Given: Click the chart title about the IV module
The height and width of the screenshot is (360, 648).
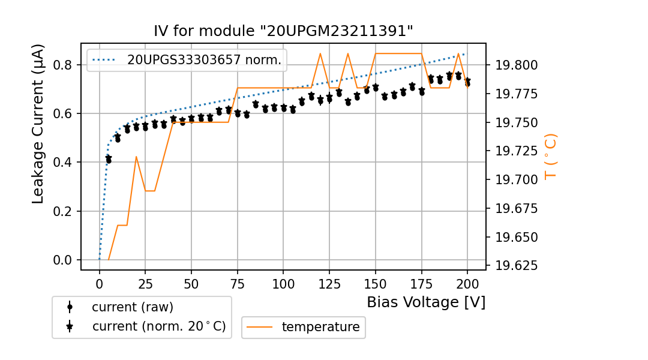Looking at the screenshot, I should click(x=283, y=31).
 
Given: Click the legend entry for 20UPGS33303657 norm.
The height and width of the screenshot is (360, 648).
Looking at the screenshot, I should click(x=204, y=60).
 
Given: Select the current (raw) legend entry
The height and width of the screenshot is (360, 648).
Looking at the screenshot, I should click(x=132, y=307).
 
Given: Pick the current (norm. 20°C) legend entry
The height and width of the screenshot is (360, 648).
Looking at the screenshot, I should click(x=158, y=326).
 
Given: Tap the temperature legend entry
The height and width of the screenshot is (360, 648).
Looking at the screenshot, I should click(x=320, y=327).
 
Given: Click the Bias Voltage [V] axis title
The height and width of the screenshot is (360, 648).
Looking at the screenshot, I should click(x=426, y=302).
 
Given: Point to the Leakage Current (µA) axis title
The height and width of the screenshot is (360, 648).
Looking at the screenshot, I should click(x=38, y=124).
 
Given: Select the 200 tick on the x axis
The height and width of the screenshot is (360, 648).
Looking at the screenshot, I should click(x=467, y=283).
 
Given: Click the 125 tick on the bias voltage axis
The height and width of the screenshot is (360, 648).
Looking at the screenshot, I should click(x=329, y=283).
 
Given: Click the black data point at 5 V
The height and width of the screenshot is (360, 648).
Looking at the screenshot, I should click(x=109, y=160).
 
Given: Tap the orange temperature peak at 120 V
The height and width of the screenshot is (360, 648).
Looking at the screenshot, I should click(x=320, y=53).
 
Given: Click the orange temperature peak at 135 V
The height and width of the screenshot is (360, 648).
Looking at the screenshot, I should click(x=348, y=53).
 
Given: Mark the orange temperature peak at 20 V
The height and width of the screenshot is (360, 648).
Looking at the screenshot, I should click(x=136, y=157).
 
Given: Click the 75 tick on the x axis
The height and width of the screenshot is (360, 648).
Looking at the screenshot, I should click(x=238, y=283).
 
